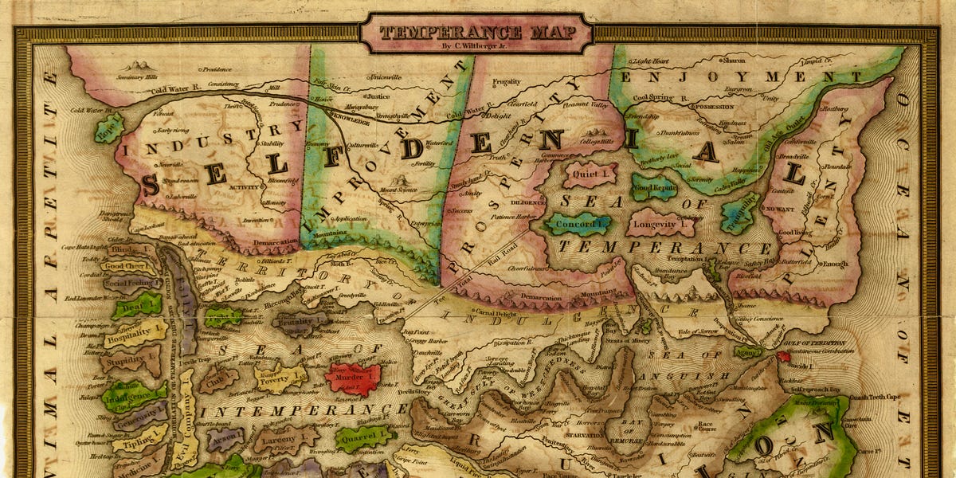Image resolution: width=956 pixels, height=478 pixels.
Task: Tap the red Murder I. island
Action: pyautogui.click(x=352, y=378)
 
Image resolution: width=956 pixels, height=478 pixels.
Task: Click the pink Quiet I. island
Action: pyautogui.click(x=590, y=173)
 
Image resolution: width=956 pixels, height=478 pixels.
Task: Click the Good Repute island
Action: pyautogui.click(x=655, y=187)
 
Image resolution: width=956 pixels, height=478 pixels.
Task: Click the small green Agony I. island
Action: pyautogui.click(x=748, y=351)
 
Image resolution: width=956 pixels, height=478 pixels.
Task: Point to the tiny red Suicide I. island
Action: pyautogui.click(x=784, y=356)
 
